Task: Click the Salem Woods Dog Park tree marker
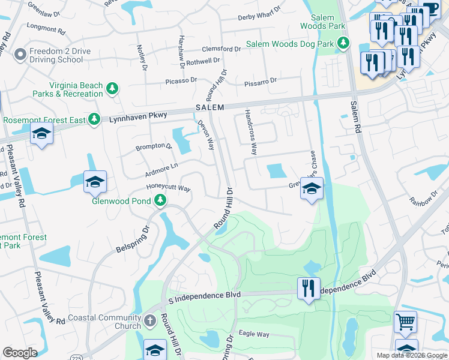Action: [x=343, y=43]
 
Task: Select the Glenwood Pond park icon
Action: [x=160, y=201]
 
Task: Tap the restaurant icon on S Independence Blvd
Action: [x=309, y=289]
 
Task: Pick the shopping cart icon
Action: [x=405, y=322]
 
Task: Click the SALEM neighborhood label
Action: [x=209, y=107]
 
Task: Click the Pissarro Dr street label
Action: [x=261, y=80]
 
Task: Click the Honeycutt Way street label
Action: [x=168, y=188]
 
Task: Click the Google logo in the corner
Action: [x=20, y=352]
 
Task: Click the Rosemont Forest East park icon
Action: [x=94, y=120]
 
